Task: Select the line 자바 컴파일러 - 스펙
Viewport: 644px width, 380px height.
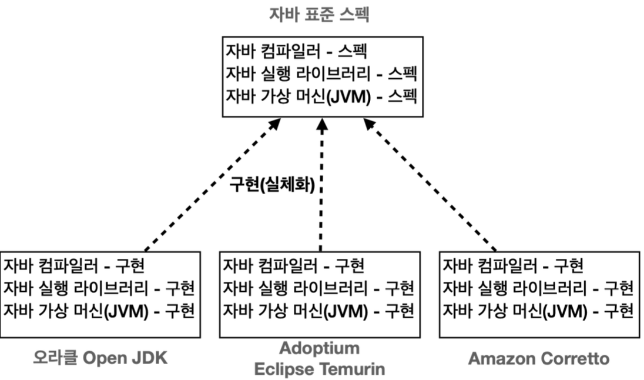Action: [x=295, y=52]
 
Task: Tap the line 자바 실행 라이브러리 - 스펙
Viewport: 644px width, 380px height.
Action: [x=321, y=74]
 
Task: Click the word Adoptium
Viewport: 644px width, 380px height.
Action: [x=319, y=348]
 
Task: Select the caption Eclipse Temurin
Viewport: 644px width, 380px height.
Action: [x=319, y=369]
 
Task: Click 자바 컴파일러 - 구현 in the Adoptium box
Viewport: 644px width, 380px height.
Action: [x=293, y=266]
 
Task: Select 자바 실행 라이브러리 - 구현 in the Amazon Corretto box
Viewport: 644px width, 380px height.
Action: [x=538, y=288]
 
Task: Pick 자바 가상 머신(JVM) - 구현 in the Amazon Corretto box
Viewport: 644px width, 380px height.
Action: [x=538, y=310]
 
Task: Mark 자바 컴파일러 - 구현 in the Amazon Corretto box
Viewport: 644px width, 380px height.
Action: [x=512, y=266]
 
